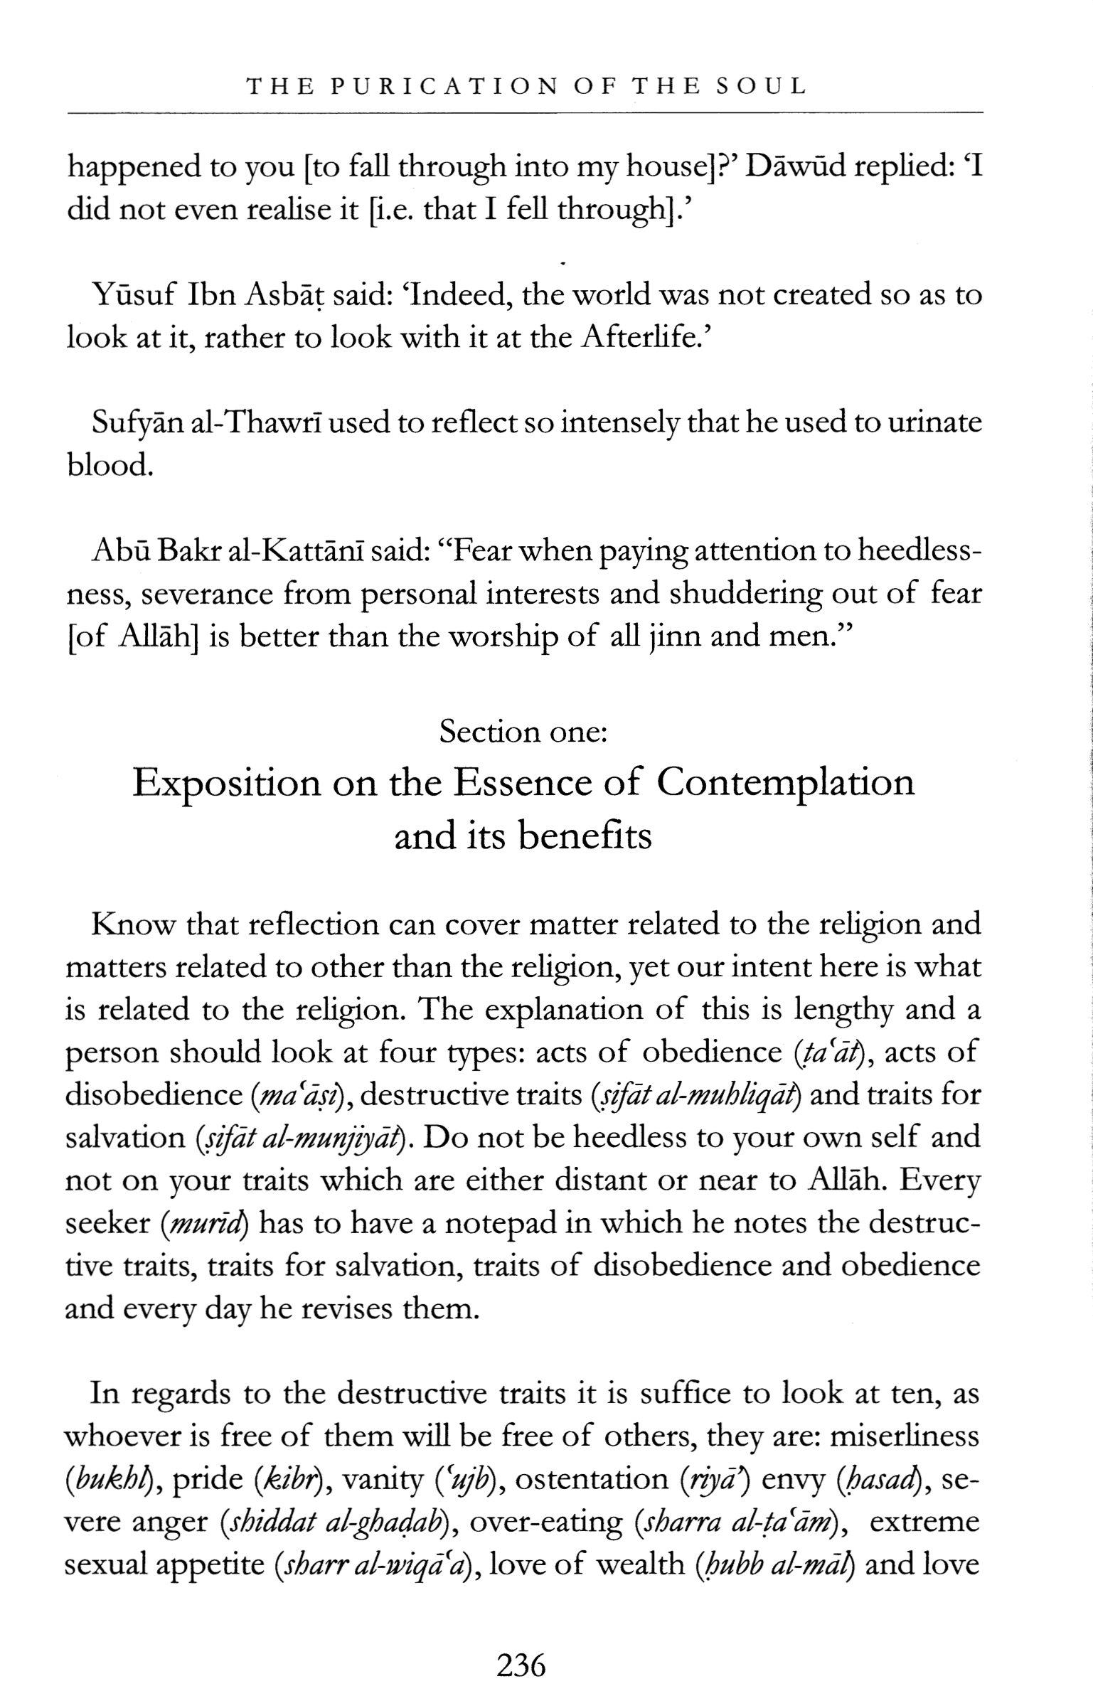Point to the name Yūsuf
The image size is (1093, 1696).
134,295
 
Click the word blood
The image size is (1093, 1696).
110,466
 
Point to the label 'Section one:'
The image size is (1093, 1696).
523,731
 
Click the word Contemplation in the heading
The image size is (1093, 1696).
785,784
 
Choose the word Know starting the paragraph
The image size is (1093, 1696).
133,924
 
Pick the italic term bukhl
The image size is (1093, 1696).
113,1480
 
